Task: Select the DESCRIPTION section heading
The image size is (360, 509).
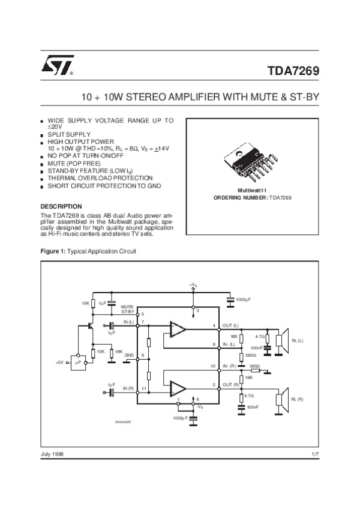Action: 61,207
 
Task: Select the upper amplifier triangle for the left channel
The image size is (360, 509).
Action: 178,329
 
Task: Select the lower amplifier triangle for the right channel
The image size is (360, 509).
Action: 178,387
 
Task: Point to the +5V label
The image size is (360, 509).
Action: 59,363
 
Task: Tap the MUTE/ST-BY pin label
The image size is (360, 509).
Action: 128,309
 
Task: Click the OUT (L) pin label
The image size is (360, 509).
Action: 230,326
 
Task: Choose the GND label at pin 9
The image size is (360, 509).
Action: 128,356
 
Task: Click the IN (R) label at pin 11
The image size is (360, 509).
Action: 129,389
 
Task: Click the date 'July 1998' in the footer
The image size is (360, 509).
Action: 52,453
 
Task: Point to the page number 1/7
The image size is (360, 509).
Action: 314,453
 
